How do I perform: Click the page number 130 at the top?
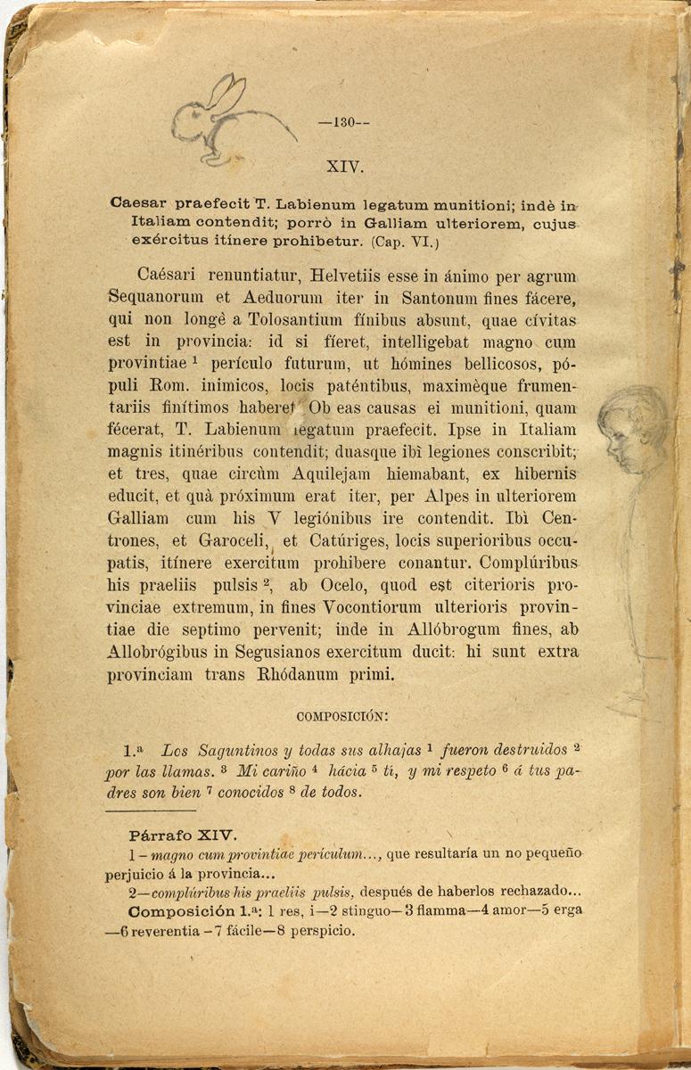(x=344, y=124)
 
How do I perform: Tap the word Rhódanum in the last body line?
(x=298, y=674)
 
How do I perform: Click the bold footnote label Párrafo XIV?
(x=181, y=835)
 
